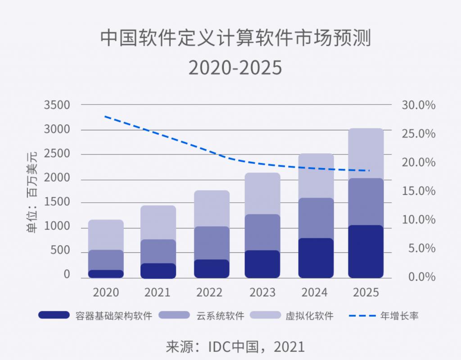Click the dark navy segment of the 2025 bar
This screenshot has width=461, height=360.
(x=366, y=251)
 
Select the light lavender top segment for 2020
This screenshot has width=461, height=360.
(x=106, y=234)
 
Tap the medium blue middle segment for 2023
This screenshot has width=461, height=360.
(x=262, y=232)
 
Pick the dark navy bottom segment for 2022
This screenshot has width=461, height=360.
(x=211, y=269)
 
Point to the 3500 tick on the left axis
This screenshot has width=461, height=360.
(x=57, y=105)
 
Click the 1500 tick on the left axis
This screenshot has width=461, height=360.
(x=57, y=202)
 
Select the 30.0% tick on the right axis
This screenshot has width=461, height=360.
(x=418, y=105)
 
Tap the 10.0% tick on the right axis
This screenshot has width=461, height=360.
(x=418, y=220)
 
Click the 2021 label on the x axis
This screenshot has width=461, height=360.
(x=158, y=292)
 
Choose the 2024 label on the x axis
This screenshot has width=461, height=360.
(x=314, y=292)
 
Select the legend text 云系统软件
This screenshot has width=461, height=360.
(x=220, y=315)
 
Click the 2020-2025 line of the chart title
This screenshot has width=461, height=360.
(x=235, y=68)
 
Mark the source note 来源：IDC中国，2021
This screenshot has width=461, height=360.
(x=235, y=347)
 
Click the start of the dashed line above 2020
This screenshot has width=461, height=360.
(x=105, y=116)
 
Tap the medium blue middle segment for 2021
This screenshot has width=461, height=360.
(x=158, y=251)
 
